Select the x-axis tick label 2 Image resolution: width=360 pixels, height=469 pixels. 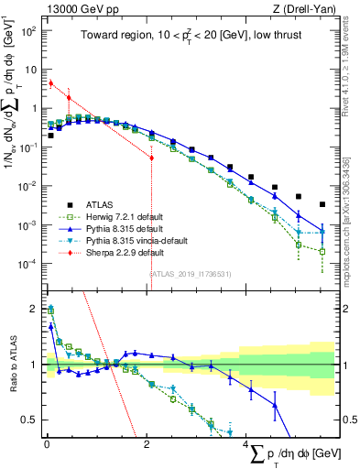[x=147, y=444]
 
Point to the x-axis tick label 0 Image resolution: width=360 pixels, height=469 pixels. [x=47, y=444]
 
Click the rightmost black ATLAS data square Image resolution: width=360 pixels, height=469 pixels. [x=322, y=204]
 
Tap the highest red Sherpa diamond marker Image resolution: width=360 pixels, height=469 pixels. [x=51, y=82]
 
